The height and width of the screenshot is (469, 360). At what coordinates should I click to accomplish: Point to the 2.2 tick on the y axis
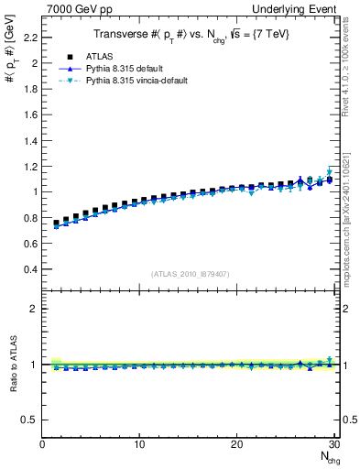[29, 38]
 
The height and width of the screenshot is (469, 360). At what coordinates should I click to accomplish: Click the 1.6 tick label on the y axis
[29, 115]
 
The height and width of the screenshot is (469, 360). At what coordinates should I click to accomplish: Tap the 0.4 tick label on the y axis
[29, 269]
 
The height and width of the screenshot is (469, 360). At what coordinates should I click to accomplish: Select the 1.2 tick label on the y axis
[29, 167]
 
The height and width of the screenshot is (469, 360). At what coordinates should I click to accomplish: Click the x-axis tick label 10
[139, 444]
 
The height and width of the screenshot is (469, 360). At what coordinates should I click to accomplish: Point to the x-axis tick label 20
[236, 444]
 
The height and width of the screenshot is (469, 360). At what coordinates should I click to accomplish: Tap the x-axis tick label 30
[333, 444]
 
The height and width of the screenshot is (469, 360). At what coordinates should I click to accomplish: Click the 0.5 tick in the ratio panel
[29, 420]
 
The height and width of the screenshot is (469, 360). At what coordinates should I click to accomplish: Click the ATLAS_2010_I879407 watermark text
[191, 274]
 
